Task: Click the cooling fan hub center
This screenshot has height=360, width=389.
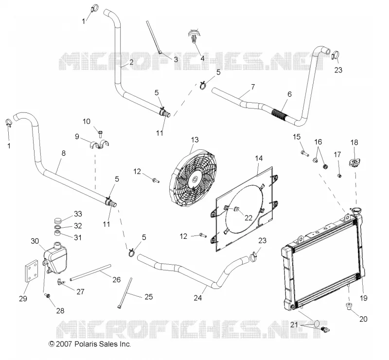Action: click(x=195, y=179)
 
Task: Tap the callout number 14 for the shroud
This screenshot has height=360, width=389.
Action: click(x=259, y=158)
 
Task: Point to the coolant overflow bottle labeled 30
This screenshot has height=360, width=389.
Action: click(x=55, y=258)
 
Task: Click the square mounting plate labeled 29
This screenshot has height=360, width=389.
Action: click(x=31, y=271)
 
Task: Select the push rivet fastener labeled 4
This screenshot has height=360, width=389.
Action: click(x=194, y=36)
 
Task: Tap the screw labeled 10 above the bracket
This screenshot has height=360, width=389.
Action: click(x=101, y=134)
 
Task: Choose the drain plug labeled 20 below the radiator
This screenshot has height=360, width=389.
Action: click(x=349, y=306)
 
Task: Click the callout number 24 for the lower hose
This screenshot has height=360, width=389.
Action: click(x=198, y=297)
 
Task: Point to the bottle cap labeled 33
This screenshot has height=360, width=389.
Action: click(x=58, y=220)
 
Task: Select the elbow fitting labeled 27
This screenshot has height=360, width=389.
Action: click(x=60, y=281)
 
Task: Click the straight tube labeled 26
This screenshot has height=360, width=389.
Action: click(x=90, y=272)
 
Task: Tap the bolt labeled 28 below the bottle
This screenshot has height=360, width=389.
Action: click(x=47, y=295)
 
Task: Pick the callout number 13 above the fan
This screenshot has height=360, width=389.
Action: click(x=195, y=140)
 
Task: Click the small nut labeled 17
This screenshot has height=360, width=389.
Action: click(x=339, y=176)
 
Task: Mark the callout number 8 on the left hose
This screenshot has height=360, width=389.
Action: click(x=64, y=153)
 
